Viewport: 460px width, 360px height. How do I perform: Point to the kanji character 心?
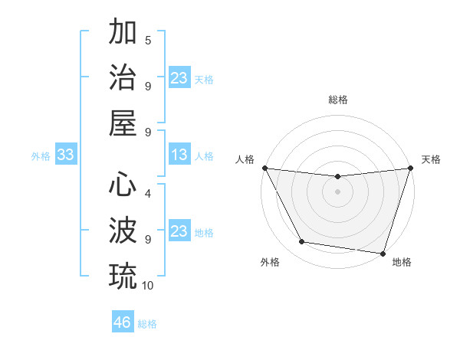coord(123,185)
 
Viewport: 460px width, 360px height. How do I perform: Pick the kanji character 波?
coord(123,230)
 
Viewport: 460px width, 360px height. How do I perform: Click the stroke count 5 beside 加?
coord(148,40)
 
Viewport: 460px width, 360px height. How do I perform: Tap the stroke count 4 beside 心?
coord(148,193)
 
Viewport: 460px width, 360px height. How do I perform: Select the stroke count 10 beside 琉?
coord(148,285)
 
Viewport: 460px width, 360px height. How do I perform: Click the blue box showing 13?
coord(179,155)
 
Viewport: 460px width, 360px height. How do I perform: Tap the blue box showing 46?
coord(123,322)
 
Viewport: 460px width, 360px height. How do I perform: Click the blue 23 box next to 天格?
coord(179,78)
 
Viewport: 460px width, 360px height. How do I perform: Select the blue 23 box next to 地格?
coord(179,231)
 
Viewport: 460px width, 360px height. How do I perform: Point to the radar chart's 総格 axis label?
coord(338,100)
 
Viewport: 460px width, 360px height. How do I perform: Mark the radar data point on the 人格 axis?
coord(264,168)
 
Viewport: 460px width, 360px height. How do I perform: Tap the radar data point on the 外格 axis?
coord(302,242)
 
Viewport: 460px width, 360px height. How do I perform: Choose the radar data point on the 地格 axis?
coord(383,253)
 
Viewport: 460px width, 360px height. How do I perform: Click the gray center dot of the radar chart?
coord(337,191)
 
